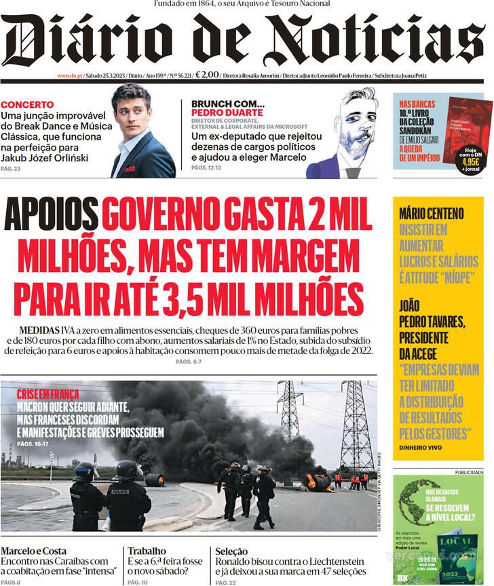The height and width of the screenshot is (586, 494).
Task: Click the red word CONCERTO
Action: point(27,104)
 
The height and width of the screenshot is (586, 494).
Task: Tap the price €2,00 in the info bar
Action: point(207,75)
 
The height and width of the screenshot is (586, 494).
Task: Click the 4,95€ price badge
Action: point(470,162)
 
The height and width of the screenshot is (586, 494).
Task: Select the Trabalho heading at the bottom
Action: point(147,551)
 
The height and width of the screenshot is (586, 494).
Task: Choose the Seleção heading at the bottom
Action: point(231,551)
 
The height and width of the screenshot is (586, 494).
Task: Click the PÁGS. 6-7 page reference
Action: point(188,363)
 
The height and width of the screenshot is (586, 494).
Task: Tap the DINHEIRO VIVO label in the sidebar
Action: point(420,448)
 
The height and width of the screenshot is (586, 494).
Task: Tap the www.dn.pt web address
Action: point(70,76)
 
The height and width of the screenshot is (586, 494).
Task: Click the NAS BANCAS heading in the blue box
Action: point(413,104)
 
